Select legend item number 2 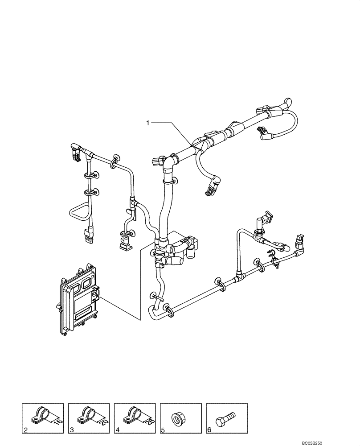[26, 431]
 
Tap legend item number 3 [72, 431]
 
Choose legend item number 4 [118, 431]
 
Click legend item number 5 [164, 431]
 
